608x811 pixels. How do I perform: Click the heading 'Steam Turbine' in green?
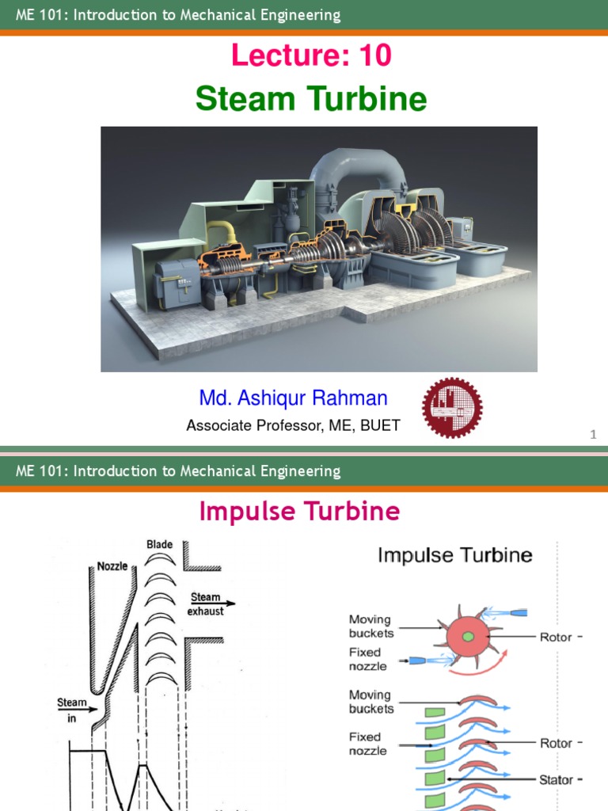tap(311, 99)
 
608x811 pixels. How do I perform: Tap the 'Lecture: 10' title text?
tap(311, 56)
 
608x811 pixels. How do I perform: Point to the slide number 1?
tap(592, 435)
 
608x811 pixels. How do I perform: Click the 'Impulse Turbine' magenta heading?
tap(299, 512)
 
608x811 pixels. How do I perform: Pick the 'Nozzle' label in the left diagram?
tap(112, 566)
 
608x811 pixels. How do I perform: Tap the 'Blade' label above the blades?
tap(159, 545)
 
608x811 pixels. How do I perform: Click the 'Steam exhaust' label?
tap(205, 604)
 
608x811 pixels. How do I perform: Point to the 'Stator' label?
tap(556, 780)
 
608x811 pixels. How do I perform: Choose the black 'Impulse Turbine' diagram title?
tap(454, 555)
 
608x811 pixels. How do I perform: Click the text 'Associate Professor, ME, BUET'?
tap(293, 425)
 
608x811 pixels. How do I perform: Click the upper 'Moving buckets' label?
tap(371, 626)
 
